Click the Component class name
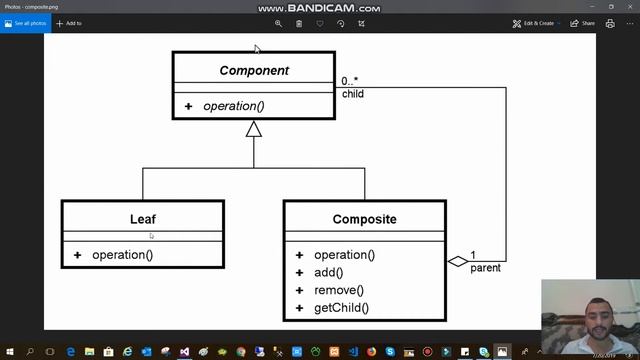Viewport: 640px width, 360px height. point(254,71)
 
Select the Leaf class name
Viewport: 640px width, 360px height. point(143,219)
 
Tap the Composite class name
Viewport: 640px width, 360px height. point(364,219)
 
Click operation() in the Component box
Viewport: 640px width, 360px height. point(234,106)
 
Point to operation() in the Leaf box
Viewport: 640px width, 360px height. point(122,255)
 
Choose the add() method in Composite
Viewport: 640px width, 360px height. point(328,273)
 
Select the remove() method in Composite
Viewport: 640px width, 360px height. point(338,290)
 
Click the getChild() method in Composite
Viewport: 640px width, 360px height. point(341,308)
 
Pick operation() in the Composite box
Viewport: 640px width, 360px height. point(344,255)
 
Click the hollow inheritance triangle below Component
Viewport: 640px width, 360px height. point(254,129)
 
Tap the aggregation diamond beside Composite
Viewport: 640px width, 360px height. point(457,262)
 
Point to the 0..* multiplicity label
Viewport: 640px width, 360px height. point(350,81)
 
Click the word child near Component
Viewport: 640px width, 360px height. point(352,94)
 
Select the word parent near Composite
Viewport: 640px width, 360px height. point(485,268)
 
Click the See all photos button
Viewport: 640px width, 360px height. point(25,23)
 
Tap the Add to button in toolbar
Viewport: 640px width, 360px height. point(70,23)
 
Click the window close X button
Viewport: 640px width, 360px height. point(629,6)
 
